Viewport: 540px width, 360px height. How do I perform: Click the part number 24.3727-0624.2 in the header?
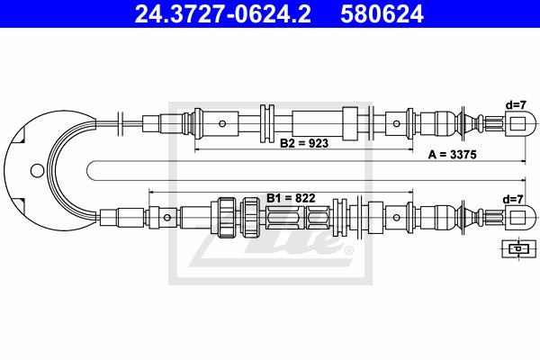223,14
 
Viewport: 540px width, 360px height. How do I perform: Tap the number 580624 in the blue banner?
382,14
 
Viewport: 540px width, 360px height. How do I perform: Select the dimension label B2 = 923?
304,143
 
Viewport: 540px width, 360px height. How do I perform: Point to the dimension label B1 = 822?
291,198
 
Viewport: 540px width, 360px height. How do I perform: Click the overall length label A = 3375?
452,155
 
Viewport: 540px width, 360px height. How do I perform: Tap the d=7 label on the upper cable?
516,105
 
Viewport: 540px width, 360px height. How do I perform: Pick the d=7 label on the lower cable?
513,199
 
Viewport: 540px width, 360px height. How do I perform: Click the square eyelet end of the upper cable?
519,123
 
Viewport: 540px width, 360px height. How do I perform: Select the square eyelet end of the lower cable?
519,218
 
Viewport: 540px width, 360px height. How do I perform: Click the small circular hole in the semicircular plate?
37,170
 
